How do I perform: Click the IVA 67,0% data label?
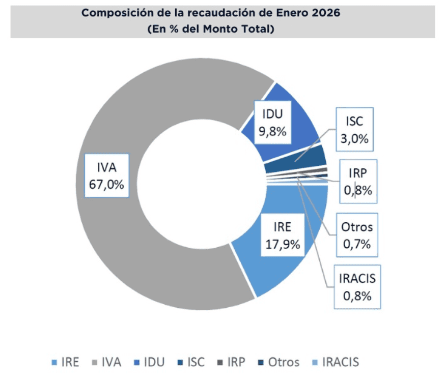tap(106, 176)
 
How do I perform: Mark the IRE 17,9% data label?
tap(283, 236)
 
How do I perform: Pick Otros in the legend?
tap(278, 362)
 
